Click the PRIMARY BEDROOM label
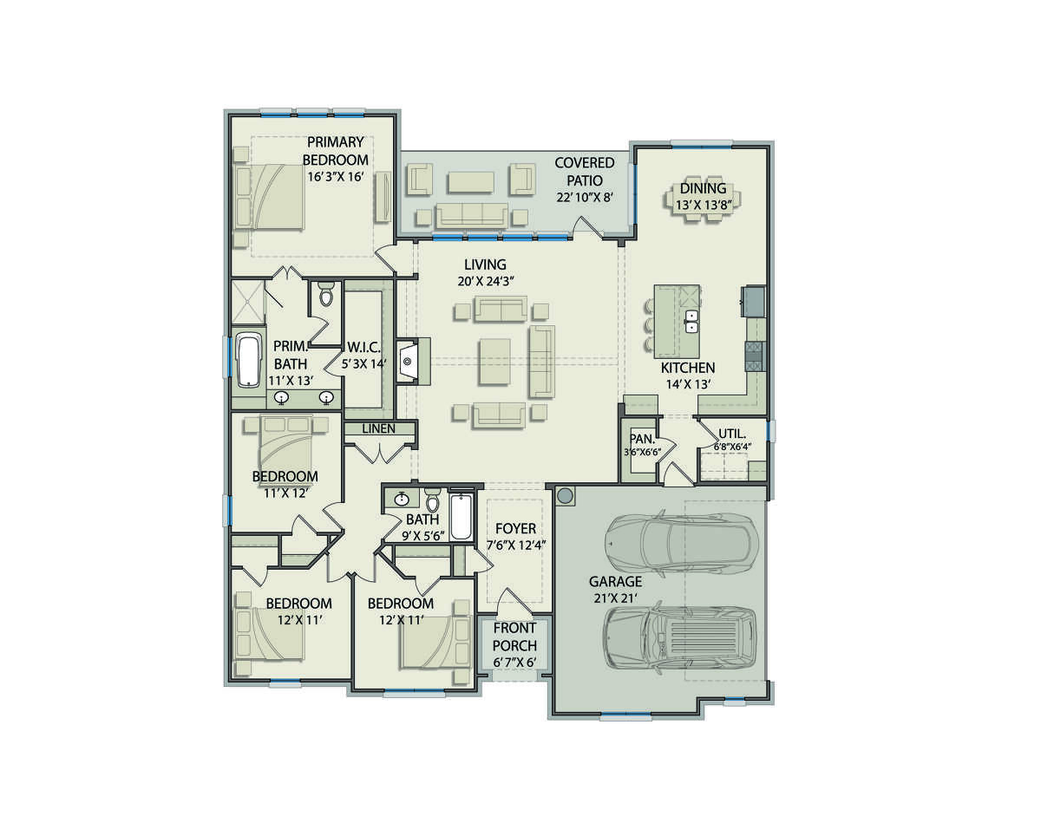(335, 151)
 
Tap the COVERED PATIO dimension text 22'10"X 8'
(585, 197)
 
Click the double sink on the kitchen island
(691, 322)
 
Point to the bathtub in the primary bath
(249, 360)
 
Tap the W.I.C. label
(363, 347)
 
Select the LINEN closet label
(379, 428)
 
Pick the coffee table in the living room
(494, 362)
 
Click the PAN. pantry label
(643, 439)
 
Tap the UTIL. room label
(732, 434)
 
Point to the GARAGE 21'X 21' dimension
(615, 598)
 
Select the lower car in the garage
(679, 637)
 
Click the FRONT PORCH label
(514, 637)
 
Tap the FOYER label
(515, 528)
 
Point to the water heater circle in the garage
(565, 496)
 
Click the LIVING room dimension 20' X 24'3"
(485, 281)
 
